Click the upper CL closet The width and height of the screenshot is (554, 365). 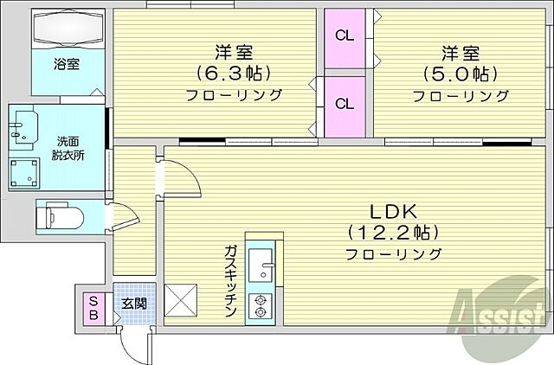tap(345, 36)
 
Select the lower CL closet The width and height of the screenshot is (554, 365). tap(345, 104)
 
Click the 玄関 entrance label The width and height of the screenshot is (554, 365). tap(133, 303)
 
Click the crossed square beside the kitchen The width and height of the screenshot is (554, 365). tap(182, 302)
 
